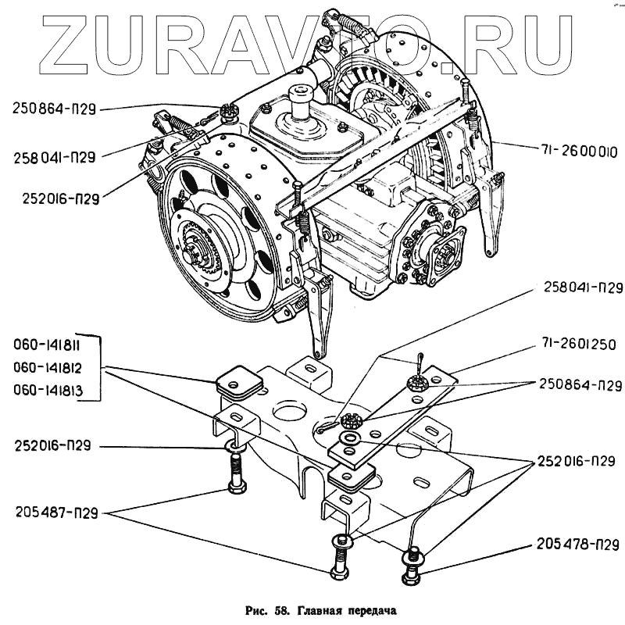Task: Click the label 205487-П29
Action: [55, 512]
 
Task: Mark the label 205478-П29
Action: [578, 545]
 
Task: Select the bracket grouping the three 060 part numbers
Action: [100, 366]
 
